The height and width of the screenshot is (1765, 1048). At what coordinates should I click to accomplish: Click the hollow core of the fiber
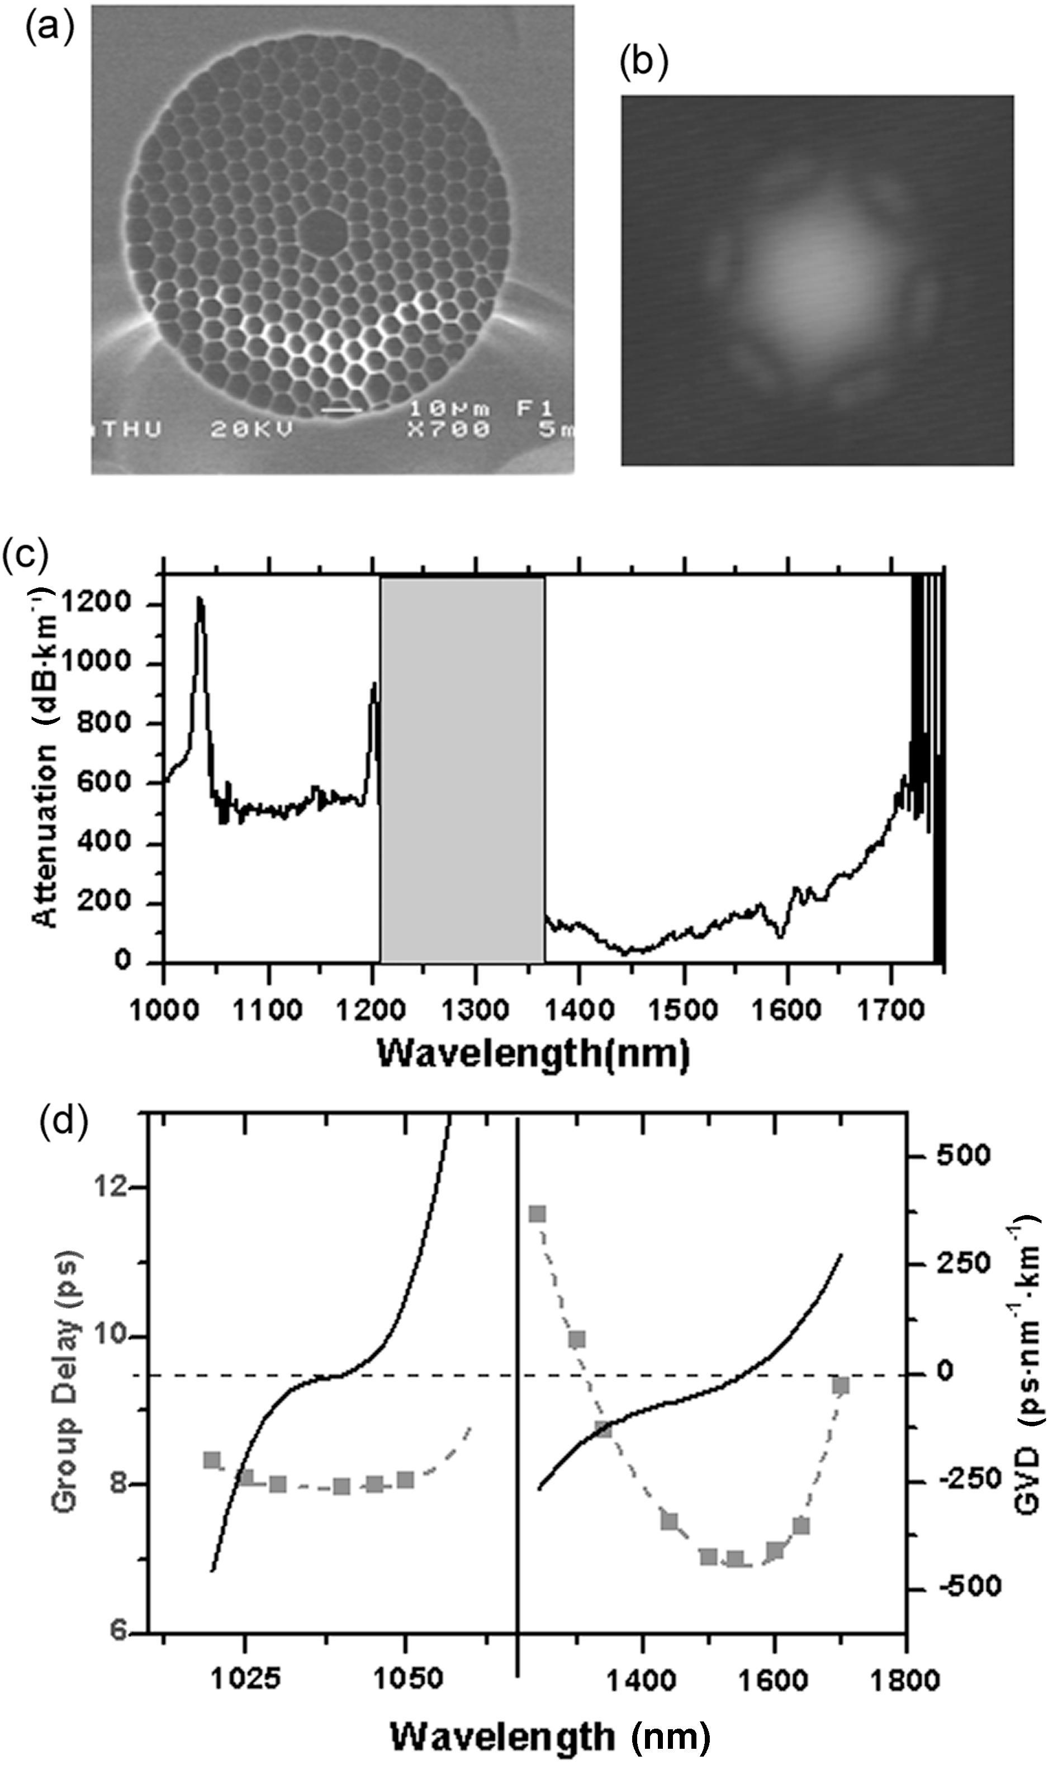(x=322, y=230)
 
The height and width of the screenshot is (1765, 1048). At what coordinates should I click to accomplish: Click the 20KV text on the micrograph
(x=252, y=430)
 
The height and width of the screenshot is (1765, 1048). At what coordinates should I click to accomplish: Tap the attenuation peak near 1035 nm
(x=200, y=600)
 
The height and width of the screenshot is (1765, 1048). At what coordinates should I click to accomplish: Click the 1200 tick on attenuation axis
(x=96, y=604)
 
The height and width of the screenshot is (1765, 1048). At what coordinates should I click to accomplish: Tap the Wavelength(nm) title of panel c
(x=533, y=1054)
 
